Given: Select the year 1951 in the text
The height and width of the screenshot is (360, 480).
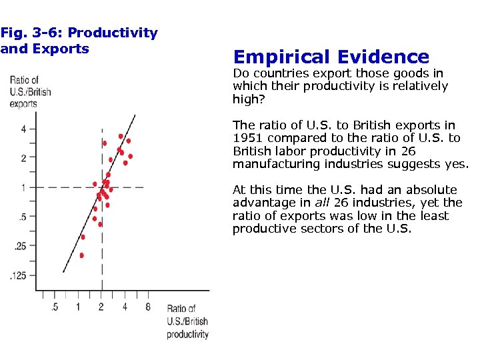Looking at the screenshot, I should (247, 138).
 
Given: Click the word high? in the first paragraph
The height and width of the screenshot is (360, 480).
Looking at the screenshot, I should (247, 99).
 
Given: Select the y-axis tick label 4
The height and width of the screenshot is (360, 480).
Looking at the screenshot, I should (23, 129).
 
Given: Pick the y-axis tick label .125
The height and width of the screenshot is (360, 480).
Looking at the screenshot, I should (18, 275).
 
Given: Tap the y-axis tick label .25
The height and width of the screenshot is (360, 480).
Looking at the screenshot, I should (20, 246).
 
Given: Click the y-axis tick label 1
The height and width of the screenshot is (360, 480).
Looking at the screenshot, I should (23, 187).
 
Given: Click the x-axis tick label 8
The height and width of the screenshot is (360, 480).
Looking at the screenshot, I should (147, 307).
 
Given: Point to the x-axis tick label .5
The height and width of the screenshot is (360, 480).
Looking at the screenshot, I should (54, 307).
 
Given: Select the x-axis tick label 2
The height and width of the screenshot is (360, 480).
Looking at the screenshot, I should (101, 307).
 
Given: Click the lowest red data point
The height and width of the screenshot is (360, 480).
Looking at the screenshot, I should (82, 255).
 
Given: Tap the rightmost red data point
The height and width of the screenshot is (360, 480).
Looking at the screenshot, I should (131, 156).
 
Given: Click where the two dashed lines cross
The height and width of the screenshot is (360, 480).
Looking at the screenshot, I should (101, 187).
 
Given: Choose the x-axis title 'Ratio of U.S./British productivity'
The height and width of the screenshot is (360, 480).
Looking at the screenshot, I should (187, 321).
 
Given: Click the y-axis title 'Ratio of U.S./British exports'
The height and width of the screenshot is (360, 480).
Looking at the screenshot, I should (30, 92).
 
